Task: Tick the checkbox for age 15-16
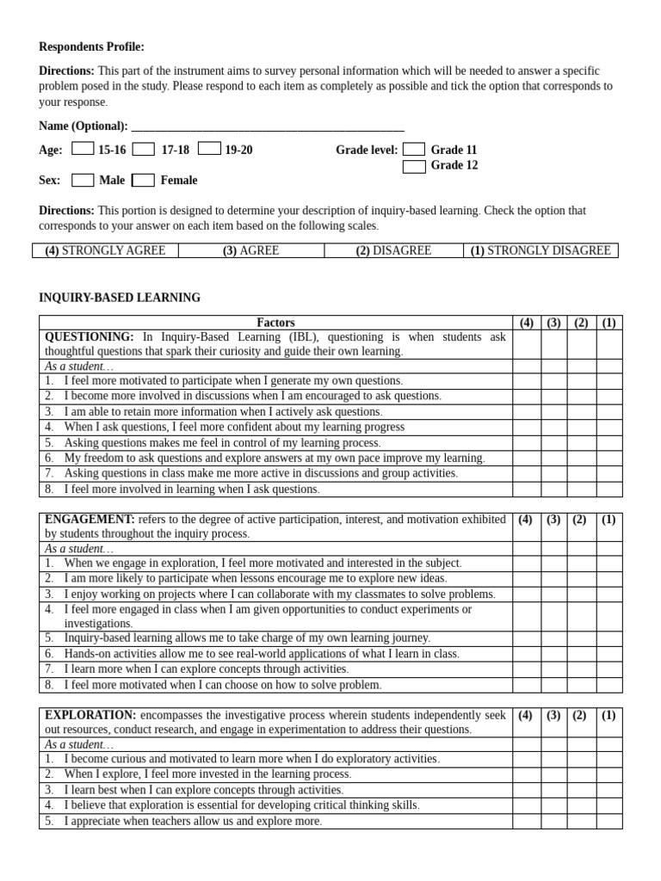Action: point(83,149)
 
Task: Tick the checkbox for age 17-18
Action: point(144,149)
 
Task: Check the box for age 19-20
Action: point(209,149)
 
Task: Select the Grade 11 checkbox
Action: point(414,149)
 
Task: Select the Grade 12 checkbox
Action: point(414,166)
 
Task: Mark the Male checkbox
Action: point(83,180)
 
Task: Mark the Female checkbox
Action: point(144,180)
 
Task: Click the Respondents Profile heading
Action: point(91,46)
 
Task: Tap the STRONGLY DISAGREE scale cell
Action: point(541,250)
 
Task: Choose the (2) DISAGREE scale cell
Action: point(393,250)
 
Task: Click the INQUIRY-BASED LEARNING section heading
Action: point(120,298)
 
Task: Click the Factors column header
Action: point(275,323)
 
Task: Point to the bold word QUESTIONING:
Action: point(89,337)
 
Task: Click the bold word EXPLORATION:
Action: point(90,715)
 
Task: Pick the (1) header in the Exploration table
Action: point(608,715)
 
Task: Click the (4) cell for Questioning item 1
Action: point(527,380)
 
